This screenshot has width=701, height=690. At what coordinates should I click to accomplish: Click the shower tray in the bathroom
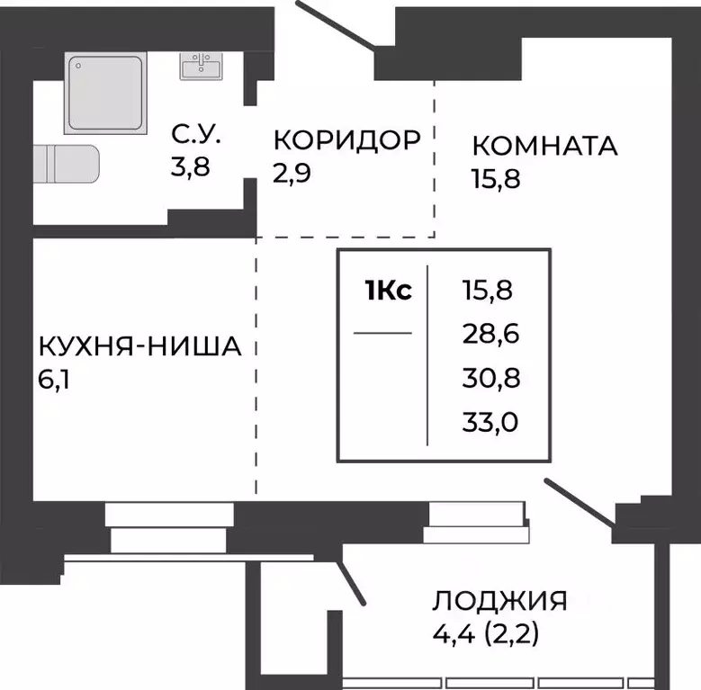tap(104, 94)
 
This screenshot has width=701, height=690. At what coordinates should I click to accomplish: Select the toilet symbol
tap(67, 165)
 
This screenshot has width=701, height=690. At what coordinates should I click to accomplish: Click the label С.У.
tap(196, 138)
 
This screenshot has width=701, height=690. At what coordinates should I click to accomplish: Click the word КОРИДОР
tap(346, 139)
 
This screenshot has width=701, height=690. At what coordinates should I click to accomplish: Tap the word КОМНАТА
tap(544, 146)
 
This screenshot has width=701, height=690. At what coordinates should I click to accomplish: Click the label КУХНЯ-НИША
tap(139, 346)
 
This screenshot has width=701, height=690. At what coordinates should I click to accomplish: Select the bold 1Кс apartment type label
tap(388, 291)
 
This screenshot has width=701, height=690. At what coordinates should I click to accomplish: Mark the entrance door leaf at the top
tap(339, 27)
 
